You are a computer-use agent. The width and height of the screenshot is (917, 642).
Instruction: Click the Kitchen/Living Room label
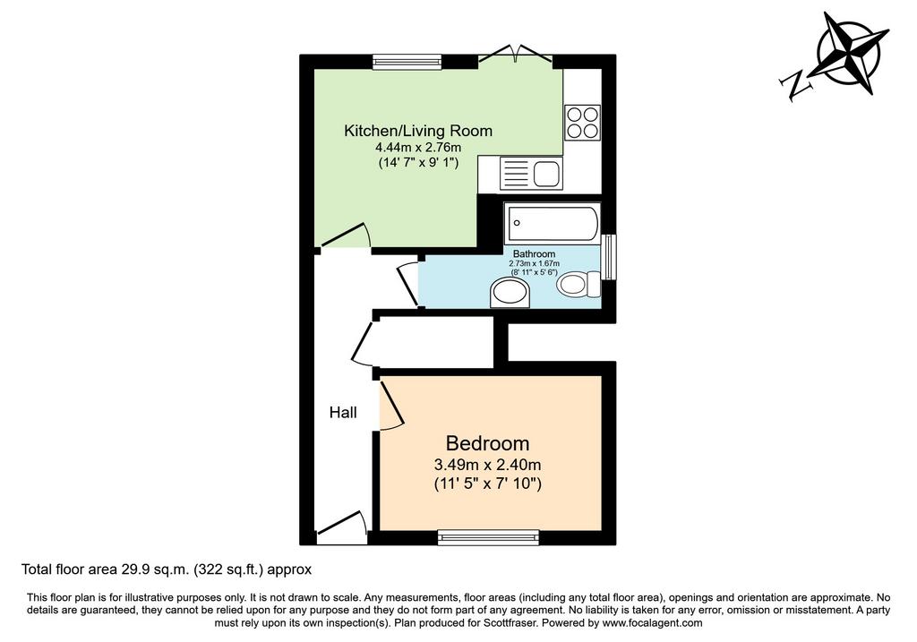point(417,131)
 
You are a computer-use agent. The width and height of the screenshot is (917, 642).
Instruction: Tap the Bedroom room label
point(487,443)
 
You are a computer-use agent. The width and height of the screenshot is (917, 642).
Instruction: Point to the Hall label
point(343,413)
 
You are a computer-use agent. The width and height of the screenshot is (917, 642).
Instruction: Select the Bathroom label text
point(534,253)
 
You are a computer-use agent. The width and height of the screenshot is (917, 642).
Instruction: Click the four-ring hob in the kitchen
point(582,123)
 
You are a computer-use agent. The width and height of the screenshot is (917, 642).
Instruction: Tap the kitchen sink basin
point(547,173)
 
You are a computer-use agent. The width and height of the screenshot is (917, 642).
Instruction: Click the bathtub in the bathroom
point(552,223)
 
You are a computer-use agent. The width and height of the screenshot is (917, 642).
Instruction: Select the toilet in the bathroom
point(578,284)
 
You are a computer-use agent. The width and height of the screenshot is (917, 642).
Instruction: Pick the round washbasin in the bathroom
point(510,293)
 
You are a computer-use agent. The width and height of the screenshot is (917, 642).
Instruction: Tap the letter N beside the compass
point(796,85)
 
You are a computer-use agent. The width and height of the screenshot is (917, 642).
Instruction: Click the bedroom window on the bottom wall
point(488,537)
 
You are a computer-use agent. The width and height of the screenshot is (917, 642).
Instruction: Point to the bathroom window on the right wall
point(609,257)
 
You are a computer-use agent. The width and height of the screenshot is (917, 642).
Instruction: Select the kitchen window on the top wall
point(407,62)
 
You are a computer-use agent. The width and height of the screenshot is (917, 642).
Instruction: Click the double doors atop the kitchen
point(515,55)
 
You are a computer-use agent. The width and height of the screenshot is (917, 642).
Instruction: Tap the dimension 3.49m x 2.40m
point(487,466)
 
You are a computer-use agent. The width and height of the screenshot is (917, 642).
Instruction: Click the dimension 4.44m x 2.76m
point(418,148)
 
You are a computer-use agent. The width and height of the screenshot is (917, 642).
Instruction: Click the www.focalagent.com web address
point(652,622)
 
